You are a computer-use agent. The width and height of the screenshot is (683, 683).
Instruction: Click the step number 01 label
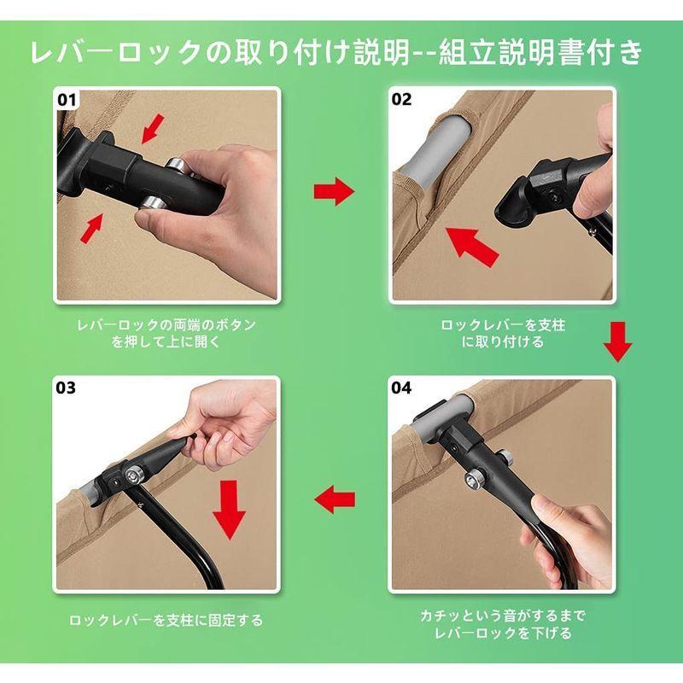(67, 100)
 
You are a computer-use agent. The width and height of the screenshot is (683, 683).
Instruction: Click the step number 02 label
(401, 100)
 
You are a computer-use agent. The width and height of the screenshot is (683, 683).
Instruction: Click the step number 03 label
(67, 388)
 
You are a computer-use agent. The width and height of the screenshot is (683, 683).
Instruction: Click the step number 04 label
(401, 388)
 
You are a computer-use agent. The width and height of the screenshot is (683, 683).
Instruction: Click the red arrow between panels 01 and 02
(333, 193)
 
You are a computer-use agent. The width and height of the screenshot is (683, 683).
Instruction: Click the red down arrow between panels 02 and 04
(617, 341)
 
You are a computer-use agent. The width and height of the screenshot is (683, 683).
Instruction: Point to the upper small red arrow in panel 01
(155, 130)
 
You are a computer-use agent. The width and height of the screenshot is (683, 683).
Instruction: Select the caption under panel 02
(504, 333)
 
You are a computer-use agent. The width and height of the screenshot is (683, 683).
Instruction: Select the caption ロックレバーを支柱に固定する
(166, 621)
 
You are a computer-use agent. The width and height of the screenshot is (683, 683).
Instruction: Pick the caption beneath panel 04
(504, 624)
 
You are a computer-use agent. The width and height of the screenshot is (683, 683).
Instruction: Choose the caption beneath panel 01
(166, 333)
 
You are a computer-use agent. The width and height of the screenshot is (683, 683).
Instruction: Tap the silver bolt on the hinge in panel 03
(135, 476)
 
